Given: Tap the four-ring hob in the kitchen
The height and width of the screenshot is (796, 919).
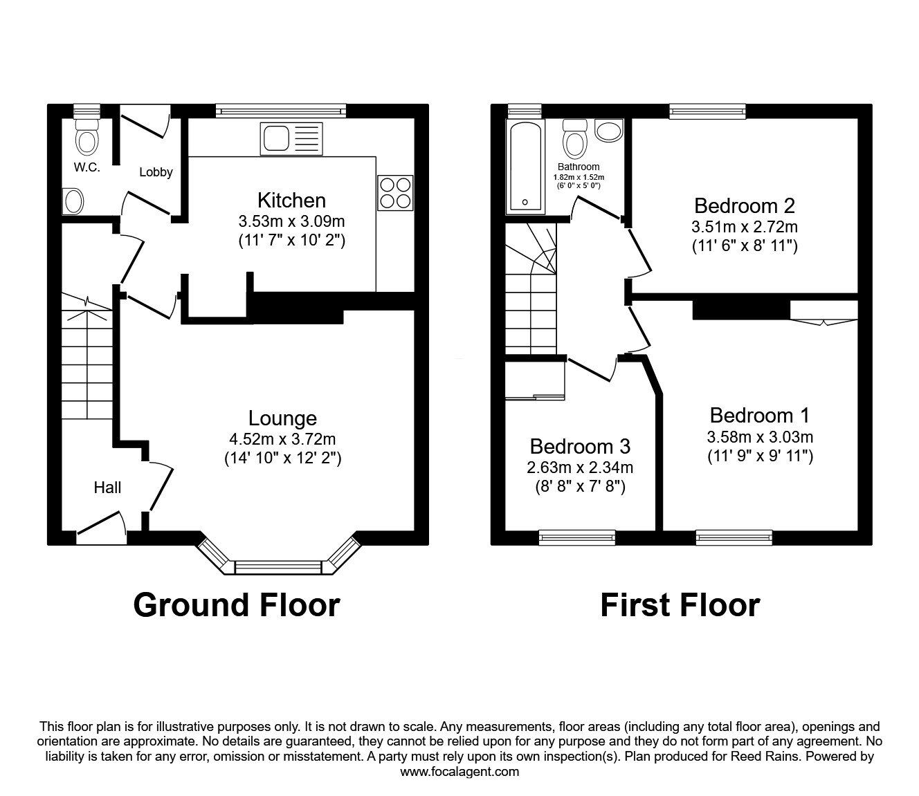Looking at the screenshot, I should [395, 192].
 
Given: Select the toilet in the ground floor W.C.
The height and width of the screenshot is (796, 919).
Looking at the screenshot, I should [87, 138].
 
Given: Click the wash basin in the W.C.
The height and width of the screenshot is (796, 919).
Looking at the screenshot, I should [73, 202].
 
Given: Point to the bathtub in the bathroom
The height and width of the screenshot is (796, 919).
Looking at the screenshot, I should [525, 166].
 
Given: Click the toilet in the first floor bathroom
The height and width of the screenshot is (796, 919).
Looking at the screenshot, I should [574, 140].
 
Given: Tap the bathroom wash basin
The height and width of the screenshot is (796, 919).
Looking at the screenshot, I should [608, 131].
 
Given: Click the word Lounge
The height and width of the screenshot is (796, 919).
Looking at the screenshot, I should [282, 418].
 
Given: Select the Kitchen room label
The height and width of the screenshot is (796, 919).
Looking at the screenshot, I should [291, 201].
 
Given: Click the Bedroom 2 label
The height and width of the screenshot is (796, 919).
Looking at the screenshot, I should [744, 205].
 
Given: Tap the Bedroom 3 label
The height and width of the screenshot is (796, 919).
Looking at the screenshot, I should [580, 446].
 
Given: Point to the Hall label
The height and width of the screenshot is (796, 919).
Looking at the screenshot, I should [107, 488].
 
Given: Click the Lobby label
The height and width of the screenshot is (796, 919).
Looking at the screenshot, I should [156, 172].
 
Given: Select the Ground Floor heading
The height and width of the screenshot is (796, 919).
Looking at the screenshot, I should [236, 604].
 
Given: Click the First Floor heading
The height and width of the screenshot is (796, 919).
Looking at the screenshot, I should [680, 604].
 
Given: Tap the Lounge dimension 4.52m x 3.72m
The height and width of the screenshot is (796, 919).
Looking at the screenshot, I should [282, 439].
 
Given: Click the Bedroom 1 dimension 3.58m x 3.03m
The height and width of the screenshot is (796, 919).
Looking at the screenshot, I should [759, 437].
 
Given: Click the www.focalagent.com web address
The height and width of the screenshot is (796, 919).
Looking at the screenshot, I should [459, 772].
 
